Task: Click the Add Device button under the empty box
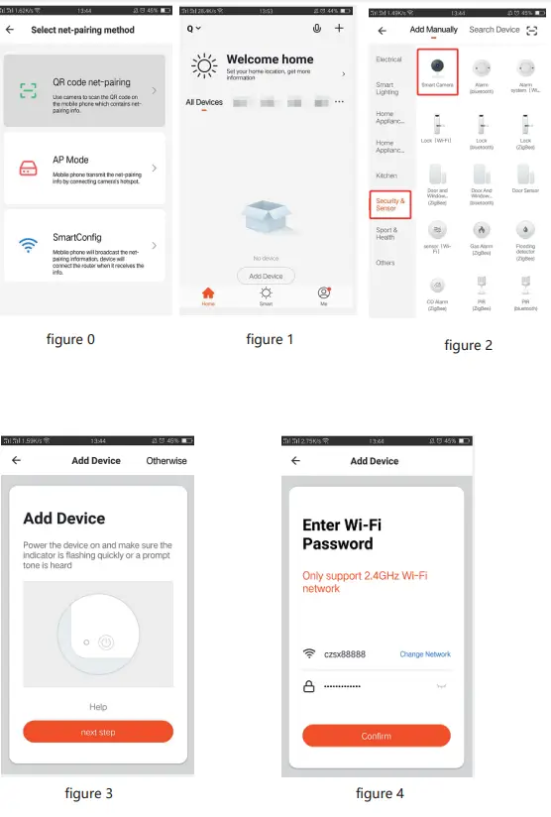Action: pos(266,276)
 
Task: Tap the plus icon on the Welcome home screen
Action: pos(339,29)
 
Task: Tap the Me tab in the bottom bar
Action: pos(323,296)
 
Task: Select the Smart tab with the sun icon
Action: pos(266,296)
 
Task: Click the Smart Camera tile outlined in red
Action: pos(438,73)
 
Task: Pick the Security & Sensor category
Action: pos(389,204)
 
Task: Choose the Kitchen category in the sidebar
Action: pos(386,175)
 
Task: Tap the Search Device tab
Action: pos(495,30)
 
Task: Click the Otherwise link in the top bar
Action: pos(165,461)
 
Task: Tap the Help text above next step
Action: pos(98,707)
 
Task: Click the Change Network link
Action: pos(424,654)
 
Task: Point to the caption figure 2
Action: pos(468,345)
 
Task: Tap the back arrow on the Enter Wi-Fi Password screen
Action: pos(295,461)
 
